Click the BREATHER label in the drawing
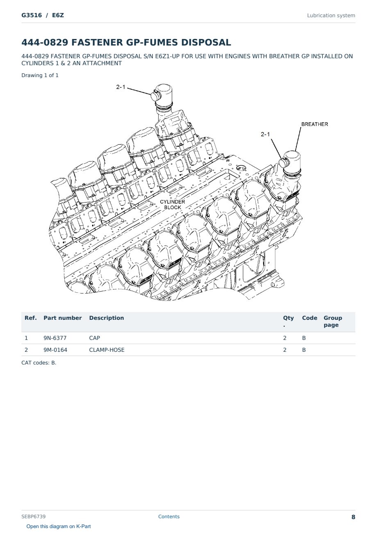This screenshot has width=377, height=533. pyautogui.click(x=314, y=124)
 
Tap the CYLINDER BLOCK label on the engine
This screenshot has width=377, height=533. pyautogui.click(x=173, y=205)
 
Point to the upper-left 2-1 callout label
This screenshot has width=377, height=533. pyautogui.click(x=120, y=87)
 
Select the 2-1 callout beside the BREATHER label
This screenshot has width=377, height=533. pyautogui.click(x=265, y=134)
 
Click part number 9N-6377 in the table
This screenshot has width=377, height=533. pyautogui.click(x=55, y=338)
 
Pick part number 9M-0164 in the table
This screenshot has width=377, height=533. pyautogui.click(x=55, y=350)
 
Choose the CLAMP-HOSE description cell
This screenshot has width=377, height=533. pyautogui.click(x=107, y=350)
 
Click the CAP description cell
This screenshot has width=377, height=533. pyautogui.click(x=94, y=338)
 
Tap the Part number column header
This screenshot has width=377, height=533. pyautogui.click(x=63, y=318)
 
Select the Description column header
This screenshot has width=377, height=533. pyautogui.click(x=107, y=318)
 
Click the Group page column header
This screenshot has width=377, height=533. pyautogui.click(x=333, y=321)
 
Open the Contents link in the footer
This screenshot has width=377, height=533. pyautogui.click(x=169, y=517)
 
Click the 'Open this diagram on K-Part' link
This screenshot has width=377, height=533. pyautogui.click(x=59, y=526)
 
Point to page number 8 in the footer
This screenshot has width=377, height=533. pyautogui.click(x=353, y=517)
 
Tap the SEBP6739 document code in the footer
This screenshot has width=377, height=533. pyautogui.click(x=34, y=517)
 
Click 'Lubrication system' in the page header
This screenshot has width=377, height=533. pyautogui.click(x=331, y=16)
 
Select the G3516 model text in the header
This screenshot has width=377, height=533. pyautogui.click(x=32, y=15)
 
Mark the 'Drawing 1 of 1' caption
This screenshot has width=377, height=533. pyautogui.click(x=40, y=75)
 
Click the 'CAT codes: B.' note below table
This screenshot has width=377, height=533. pyautogui.click(x=39, y=363)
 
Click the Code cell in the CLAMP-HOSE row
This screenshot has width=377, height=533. pyautogui.click(x=304, y=350)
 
